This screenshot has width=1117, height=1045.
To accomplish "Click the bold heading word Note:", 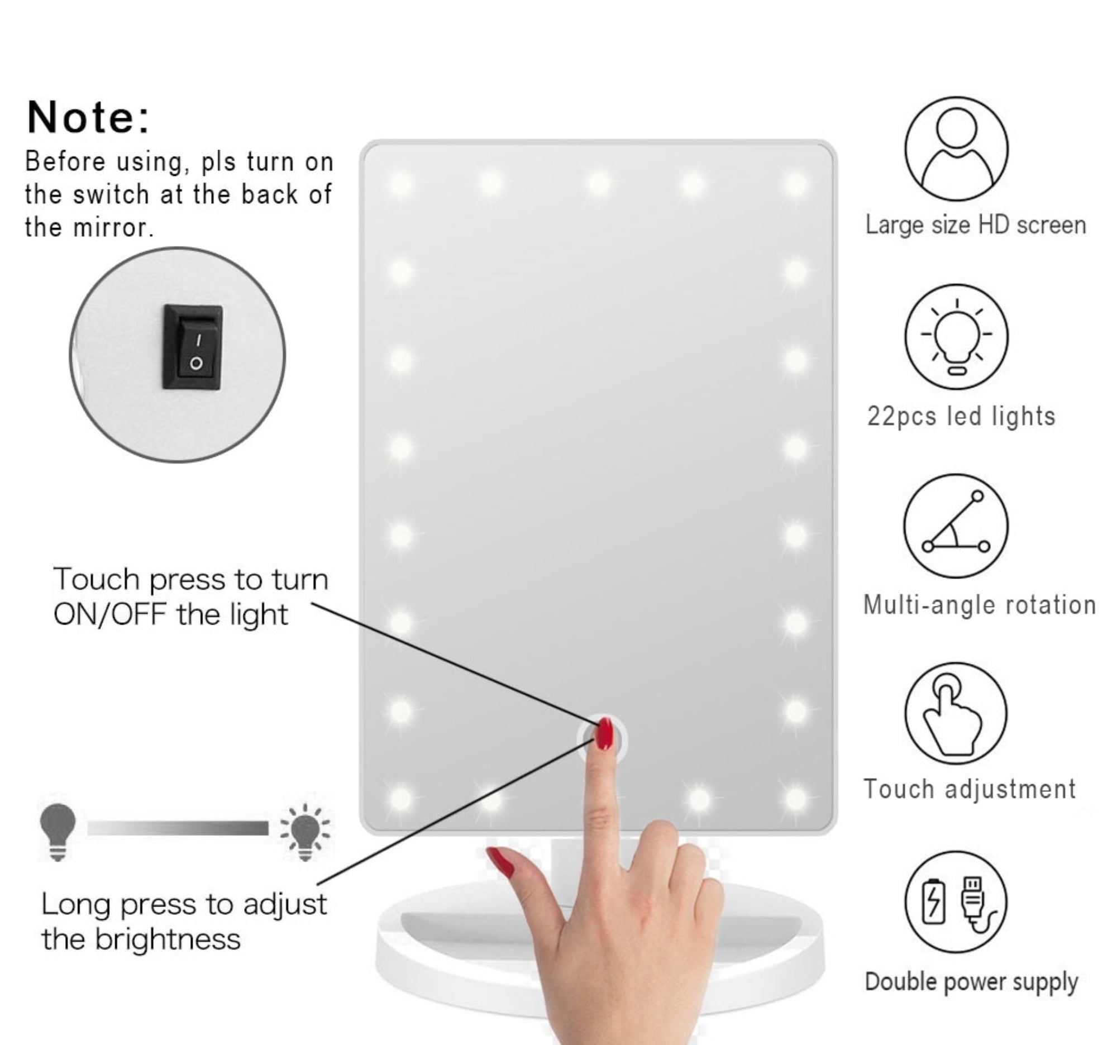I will pos(89,118).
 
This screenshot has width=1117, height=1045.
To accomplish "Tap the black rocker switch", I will pos(193,347).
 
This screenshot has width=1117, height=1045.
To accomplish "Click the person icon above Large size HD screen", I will pos(956,149).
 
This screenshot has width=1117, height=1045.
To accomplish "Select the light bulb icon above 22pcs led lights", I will pos(956,337).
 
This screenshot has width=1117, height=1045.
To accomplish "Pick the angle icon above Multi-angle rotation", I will pos(956,526).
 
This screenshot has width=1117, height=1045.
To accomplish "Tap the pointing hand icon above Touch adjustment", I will pos(956,714).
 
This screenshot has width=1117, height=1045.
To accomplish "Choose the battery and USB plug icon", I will pos(956,901).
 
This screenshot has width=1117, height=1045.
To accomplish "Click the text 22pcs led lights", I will pos(961,417).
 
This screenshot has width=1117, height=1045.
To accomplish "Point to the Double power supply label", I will pos(971,981).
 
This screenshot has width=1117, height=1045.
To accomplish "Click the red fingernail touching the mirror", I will pos(605,733).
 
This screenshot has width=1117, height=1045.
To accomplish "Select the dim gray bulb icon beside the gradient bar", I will pos(58,831).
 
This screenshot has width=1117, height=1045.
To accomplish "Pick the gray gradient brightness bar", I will pos(178,828).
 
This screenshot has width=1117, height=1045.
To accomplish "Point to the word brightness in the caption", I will pos(168,939).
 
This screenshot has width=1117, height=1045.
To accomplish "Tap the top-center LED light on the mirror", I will pos(599,183).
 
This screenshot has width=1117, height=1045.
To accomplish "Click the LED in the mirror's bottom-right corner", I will pos(796,798).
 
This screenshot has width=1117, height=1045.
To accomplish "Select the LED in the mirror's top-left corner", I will pos(400,184).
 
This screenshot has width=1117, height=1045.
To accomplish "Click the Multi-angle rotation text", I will pos(980,605).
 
